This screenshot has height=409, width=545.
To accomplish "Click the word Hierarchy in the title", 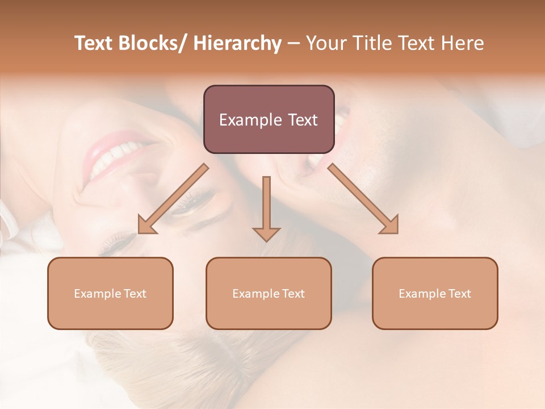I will pyautogui.click(x=237, y=43).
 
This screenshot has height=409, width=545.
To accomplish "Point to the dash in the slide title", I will pyautogui.click(x=294, y=44).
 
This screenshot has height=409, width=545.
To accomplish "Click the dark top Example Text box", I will pyautogui.click(x=269, y=120).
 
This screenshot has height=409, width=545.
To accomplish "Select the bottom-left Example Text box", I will pyautogui.click(x=110, y=293).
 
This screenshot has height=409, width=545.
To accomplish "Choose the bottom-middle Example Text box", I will pyautogui.click(x=269, y=293).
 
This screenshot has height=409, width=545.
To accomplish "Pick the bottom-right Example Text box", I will pyautogui.click(x=435, y=293).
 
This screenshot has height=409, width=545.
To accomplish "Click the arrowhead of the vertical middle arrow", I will pyautogui.click(x=266, y=233).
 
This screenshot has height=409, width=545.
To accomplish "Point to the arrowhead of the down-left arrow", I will pyautogui.click(x=147, y=226).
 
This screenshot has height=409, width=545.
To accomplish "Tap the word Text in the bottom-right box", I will pyautogui.click(x=459, y=294).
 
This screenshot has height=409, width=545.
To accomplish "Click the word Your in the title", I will pyautogui.click(x=324, y=43).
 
